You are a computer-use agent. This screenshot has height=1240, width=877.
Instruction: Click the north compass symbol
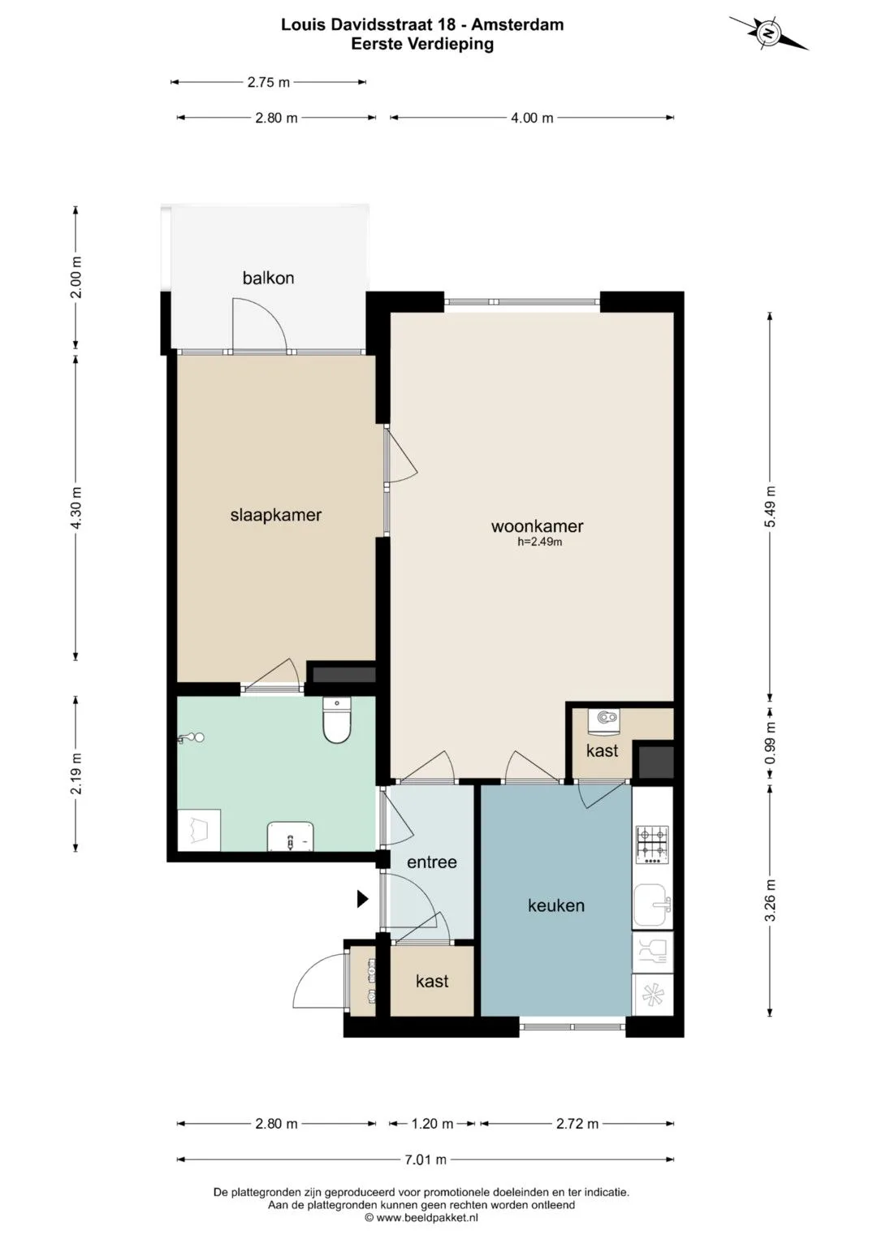(768, 33)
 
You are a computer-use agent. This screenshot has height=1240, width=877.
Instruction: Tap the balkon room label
(268, 278)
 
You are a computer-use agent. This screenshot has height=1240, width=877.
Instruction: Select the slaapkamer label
(276, 515)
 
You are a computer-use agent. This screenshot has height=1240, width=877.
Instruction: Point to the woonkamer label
(537, 526)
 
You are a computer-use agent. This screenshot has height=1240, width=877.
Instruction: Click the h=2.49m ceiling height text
(540, 542)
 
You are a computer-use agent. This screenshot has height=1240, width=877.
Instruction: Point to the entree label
(432, 862)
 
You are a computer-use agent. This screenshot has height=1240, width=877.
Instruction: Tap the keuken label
(556, 905)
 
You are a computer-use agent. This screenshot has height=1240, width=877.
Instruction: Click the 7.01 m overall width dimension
(426, 1159)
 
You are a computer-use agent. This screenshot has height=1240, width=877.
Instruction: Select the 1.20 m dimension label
(432, 1123)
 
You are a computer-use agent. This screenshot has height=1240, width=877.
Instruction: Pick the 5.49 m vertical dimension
(770, 507)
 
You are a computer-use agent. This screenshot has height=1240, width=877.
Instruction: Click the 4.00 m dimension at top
(532, 118)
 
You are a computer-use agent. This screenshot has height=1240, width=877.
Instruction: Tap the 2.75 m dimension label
(269, 82)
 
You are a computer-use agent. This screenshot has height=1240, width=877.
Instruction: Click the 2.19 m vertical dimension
(76, 774)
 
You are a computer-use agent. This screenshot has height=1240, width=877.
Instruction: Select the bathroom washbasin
(291, 836)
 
